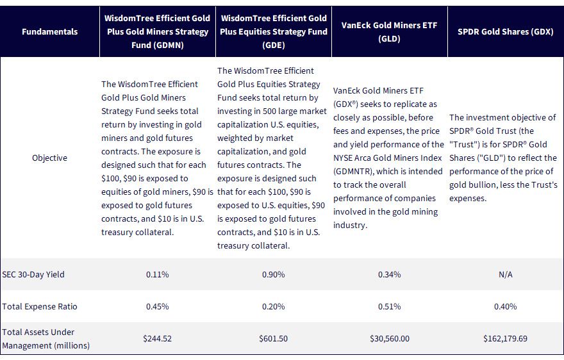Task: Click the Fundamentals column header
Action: point(49,31)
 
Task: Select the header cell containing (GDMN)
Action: point(158,31)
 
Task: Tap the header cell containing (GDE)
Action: point(274,31)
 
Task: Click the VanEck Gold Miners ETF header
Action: point(389,31)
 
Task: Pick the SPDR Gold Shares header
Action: point(506,31)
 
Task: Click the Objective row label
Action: point(49,158)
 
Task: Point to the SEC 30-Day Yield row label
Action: point(33,274)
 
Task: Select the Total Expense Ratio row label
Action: point(40,306)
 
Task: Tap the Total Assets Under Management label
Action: point(46,338)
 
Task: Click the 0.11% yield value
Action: point(158,274)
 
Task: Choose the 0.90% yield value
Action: point(274,274)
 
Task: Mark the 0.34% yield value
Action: point(390,274)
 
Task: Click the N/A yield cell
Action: point(506,274)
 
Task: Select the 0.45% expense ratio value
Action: point(158,306)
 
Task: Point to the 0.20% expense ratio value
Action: point(274,306)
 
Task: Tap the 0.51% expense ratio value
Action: point(390,306)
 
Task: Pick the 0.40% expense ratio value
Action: point(506,306)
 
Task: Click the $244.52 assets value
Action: point(158,338)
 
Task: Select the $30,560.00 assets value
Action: point(390,338)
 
